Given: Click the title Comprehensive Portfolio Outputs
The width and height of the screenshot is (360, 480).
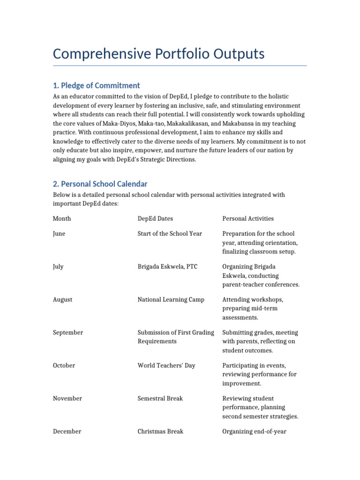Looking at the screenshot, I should click(x=158, y=54).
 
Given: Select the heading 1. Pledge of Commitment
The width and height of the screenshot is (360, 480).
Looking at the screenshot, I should click(x=96, y=85).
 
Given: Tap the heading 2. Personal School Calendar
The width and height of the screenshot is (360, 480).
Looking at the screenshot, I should click(x=100, y=184).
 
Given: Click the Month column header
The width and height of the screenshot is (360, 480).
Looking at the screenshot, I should click(x=62, y=218).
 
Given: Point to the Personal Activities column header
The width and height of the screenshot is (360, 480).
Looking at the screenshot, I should click(x=248, y=218).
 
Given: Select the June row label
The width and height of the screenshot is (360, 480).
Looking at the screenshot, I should click(x=59, y=233).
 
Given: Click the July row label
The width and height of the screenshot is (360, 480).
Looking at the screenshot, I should click(x=58, y=267).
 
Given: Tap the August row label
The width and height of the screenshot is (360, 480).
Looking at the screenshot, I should click(x=62, y=300).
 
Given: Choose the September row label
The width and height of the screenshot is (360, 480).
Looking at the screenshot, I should click(x=68, y=332).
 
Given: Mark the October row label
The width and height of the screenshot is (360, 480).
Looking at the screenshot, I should click(x=64, y=365).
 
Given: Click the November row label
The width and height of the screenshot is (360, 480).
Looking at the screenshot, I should click(x=67, y=398).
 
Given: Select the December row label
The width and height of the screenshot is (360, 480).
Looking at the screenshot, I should click(x=67, y=431).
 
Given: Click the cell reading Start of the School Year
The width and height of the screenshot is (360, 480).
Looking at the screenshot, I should click(x=170, y=233).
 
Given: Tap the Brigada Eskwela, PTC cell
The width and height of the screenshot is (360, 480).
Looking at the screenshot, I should click(x=167, y=267).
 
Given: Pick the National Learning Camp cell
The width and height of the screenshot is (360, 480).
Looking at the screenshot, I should click(x=171, y=300).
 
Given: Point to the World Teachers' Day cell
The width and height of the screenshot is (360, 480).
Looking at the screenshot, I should click(x=166, y=365).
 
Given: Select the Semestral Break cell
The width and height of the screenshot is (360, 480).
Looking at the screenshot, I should click(x=160, y=398).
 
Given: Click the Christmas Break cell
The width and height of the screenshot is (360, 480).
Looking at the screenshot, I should click(x=160, y=431).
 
